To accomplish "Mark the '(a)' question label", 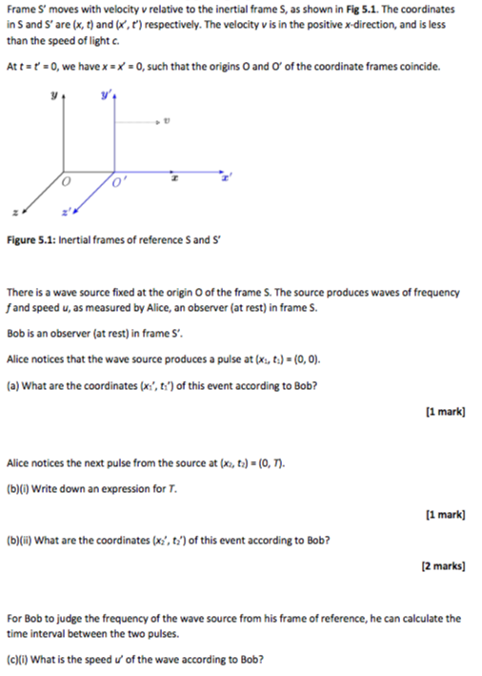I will pyautogui.click(x=11, y=385).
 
